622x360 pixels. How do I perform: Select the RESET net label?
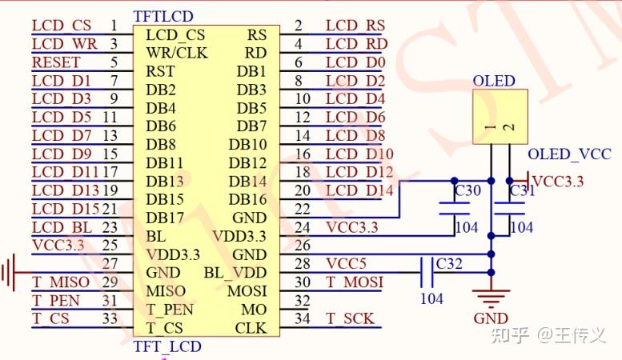click(56, 62)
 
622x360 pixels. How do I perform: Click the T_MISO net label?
click(61, 282)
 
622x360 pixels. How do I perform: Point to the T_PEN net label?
click(56, 301)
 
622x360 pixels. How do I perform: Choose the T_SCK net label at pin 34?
click(350, 318)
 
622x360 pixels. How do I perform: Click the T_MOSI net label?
click(354, 282)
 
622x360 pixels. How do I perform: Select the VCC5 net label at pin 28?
click(346, 264)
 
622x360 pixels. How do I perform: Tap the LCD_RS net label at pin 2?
click(355, 26)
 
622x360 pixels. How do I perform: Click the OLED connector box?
click(500, 117)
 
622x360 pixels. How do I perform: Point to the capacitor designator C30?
click(468, 191)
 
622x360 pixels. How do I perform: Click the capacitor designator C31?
click(522, 191)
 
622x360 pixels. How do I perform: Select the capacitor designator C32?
click(449, 264)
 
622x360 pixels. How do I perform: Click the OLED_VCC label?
click(569, 154)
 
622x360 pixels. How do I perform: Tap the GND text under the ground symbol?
click(490, 318)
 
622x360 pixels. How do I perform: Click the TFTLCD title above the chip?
click(163, 16)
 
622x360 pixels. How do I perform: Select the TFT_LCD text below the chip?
click(167, 346)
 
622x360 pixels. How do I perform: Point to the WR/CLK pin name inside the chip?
click(177, 53)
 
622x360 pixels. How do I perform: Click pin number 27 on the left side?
click(110, 264)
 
